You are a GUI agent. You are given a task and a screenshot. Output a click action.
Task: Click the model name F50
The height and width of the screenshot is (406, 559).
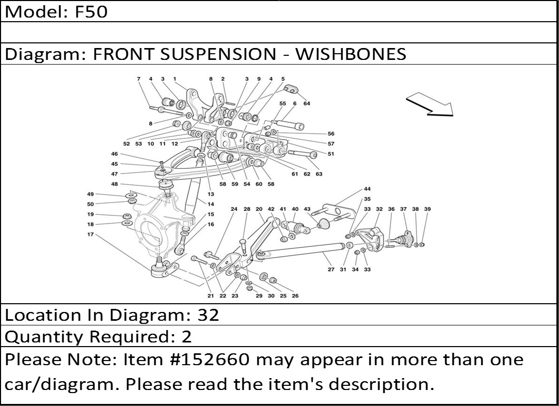(x=91, y=11)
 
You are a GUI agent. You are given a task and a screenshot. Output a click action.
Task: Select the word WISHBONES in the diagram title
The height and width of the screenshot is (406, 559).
(x=350, y=54)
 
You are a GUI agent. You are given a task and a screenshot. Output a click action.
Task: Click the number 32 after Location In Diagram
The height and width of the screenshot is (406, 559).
(x=209, y=315)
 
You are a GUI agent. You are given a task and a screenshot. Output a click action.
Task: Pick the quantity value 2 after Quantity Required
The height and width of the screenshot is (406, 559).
(x=186, y=337)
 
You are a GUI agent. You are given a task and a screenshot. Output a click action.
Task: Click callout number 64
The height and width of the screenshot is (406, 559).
(x=307, y=103)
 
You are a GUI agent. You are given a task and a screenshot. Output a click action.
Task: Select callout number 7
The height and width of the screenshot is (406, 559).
(x=139, y=79)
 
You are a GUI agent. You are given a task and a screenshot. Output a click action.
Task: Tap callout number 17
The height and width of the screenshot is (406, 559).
(x=90, y=235)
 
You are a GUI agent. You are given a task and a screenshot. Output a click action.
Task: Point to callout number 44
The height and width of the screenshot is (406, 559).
(x=367, y=189)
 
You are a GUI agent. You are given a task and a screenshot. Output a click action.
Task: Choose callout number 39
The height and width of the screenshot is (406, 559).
(x=427, y=209)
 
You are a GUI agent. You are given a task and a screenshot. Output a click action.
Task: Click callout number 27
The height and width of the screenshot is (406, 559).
(x=331, y=269)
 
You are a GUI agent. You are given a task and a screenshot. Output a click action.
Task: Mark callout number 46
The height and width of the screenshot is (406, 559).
(x=114, y=154)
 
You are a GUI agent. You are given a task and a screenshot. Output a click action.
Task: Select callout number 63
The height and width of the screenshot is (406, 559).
(x=319, y=174)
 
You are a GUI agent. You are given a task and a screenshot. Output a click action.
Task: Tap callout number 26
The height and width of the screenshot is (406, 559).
(x=295, y=296)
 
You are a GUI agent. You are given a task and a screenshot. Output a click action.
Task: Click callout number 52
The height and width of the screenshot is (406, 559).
(x=126, y=144)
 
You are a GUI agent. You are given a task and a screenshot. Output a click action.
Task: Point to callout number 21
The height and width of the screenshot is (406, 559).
(x=211, y=296)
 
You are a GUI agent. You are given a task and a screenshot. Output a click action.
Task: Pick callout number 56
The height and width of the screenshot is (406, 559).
(x=331, y=134)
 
